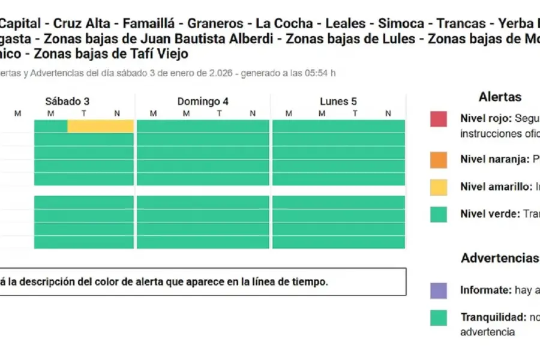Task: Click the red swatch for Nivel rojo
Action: (439, 119)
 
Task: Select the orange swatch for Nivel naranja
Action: (439, 160)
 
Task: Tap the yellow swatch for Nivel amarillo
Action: (439, 187)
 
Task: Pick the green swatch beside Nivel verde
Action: (439, 214)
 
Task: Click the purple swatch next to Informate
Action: (439, 290)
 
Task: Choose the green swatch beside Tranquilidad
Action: (439, 317)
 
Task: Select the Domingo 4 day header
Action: (203, 101)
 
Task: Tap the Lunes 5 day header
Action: (338, 101)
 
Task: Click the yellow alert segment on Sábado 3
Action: (100, 126)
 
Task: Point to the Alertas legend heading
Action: (500, 97)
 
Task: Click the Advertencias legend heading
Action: (500, 258)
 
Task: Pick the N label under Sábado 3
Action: (116, 113)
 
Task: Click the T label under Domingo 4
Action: (220, 113)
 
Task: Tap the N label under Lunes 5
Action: (388, 113)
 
